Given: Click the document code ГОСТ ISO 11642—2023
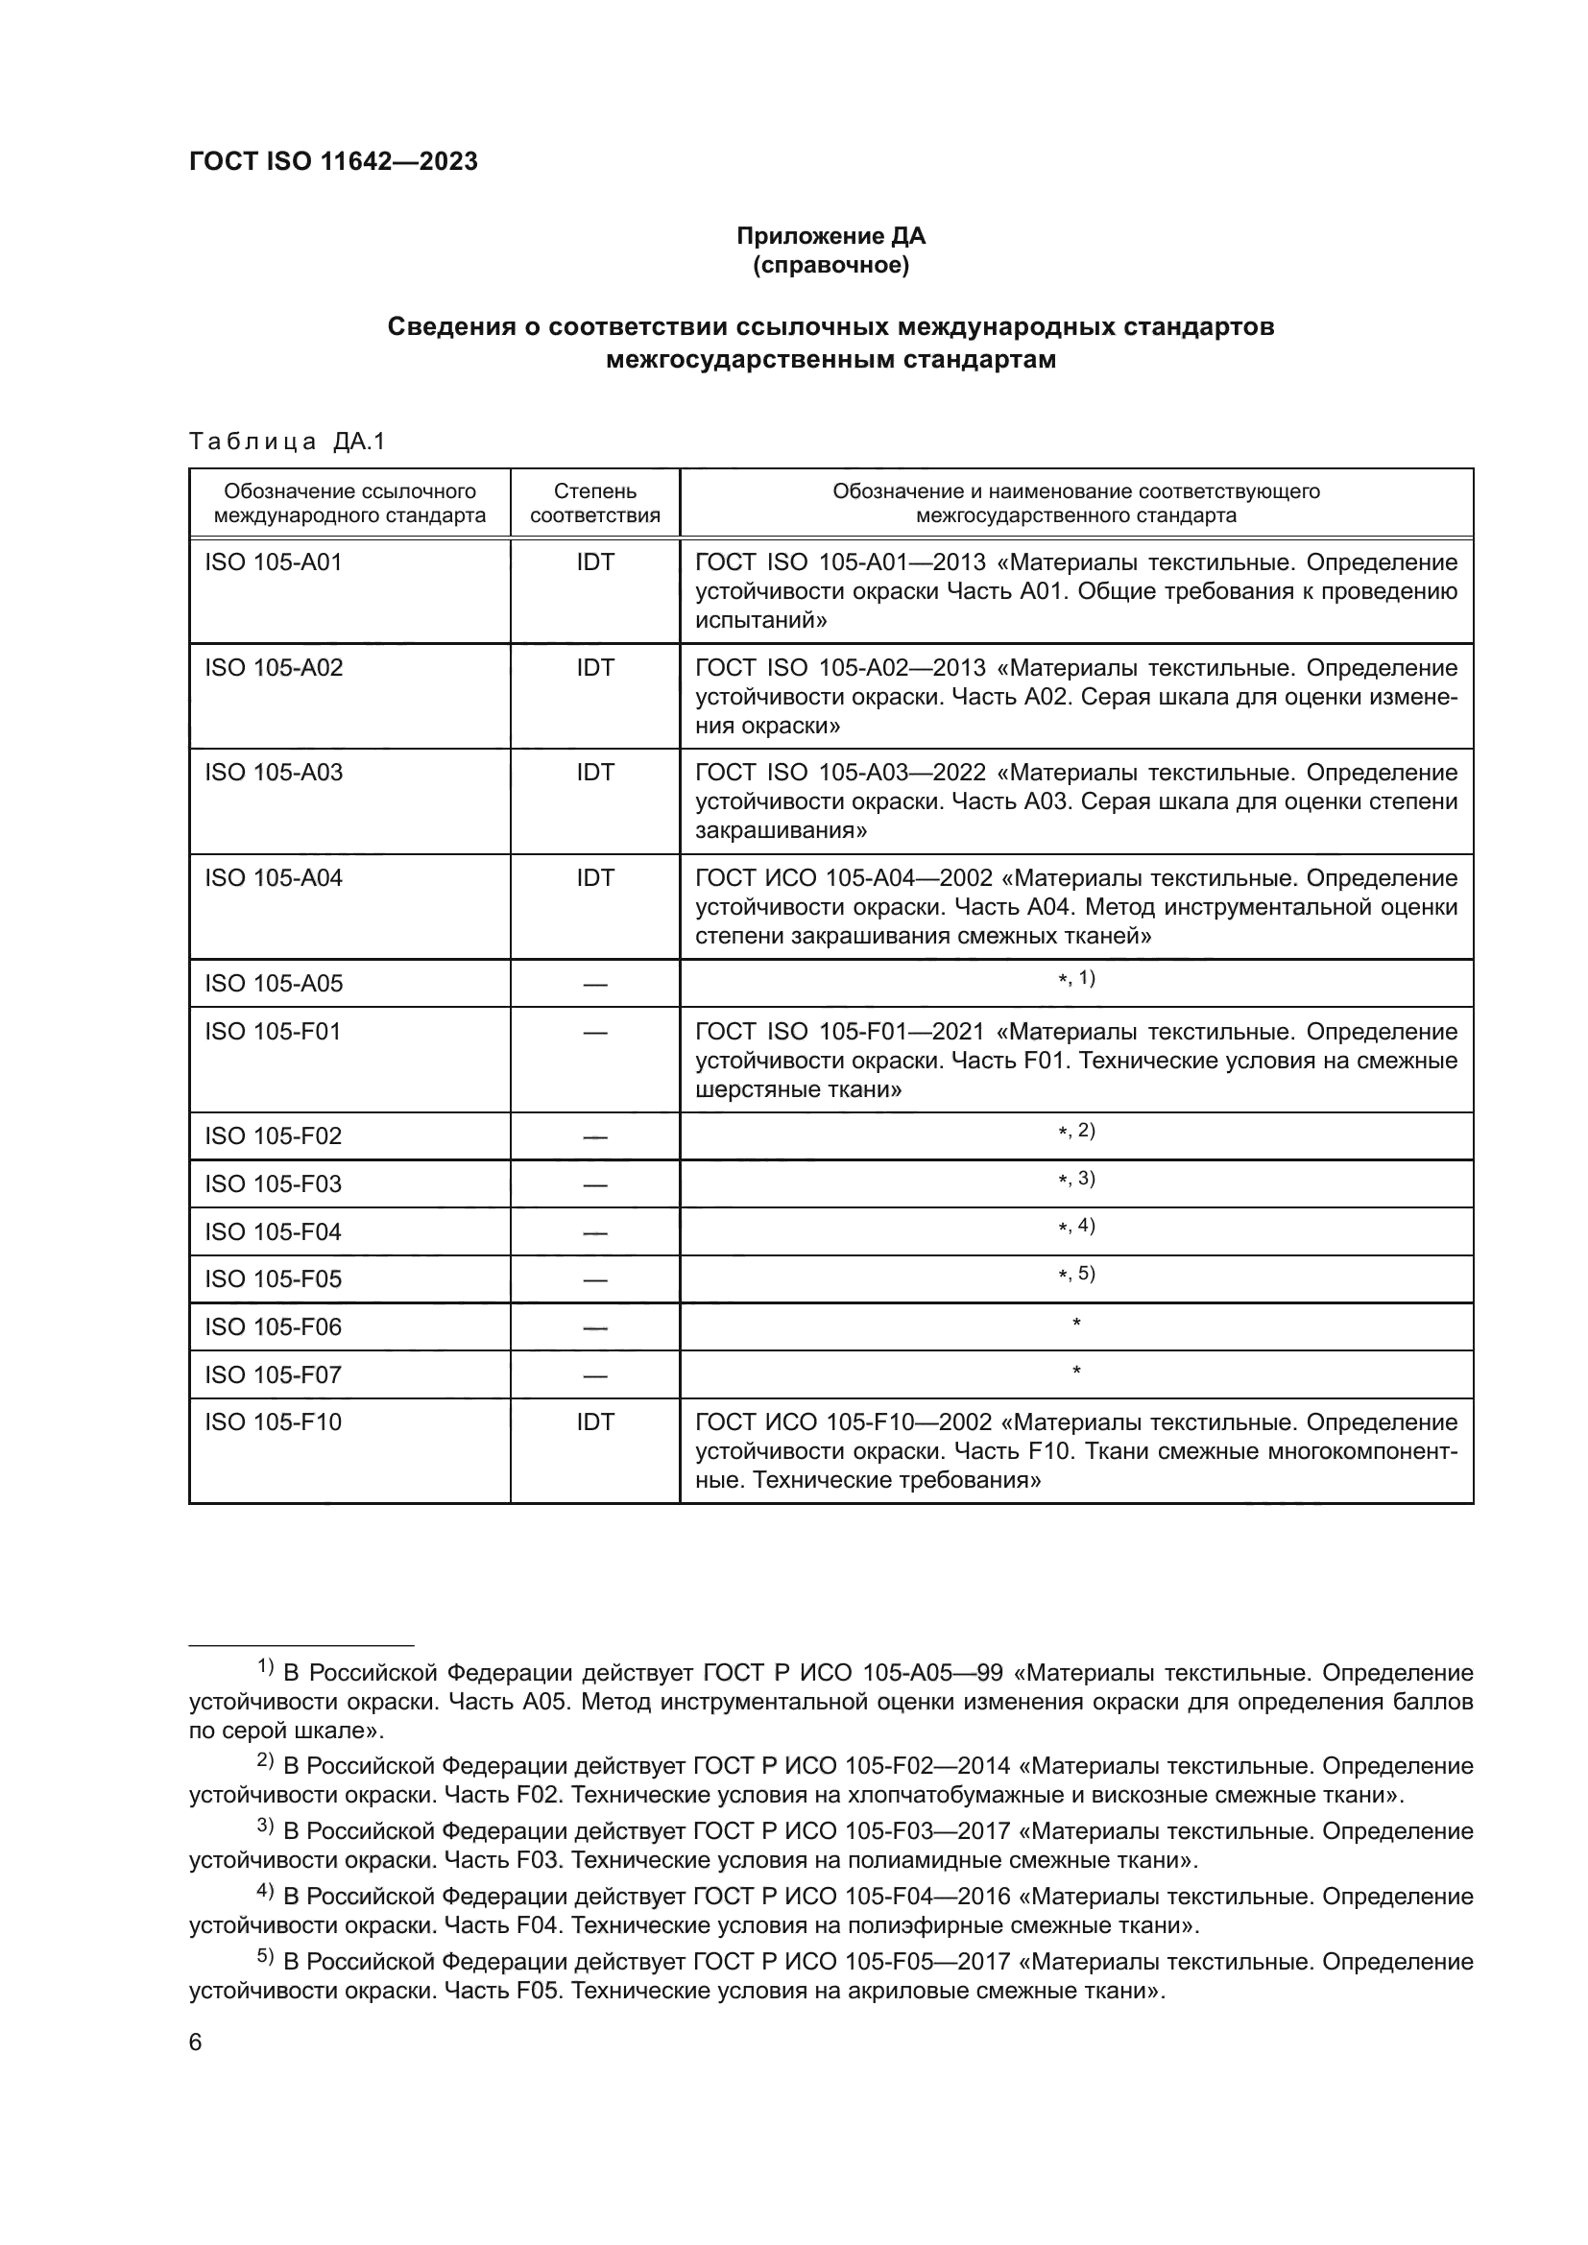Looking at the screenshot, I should click(333, 161).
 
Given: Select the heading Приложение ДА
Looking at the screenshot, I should click(830, 236).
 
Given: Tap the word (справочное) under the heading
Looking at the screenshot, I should click(830, 265).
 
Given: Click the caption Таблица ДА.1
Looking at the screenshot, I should click(287, 442).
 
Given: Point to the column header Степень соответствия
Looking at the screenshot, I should click(594, 503).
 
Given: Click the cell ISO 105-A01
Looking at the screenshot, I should click(274, 562).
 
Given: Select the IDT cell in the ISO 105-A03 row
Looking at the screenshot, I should click(594, 773).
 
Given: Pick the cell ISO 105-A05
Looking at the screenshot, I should click(274, 984).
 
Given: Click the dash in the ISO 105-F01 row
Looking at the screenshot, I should click(594, 1033).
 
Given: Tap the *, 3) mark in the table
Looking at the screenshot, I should click(1075, 1180).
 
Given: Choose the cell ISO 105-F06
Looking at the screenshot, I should click(274, 1326).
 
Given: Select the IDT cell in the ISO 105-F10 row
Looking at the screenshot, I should click(594, 1421).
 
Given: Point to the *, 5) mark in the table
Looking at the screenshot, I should click(1075, 1274).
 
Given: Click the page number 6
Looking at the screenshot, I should click(196, 2042).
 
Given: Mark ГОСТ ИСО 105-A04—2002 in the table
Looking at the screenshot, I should click(844, 878).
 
